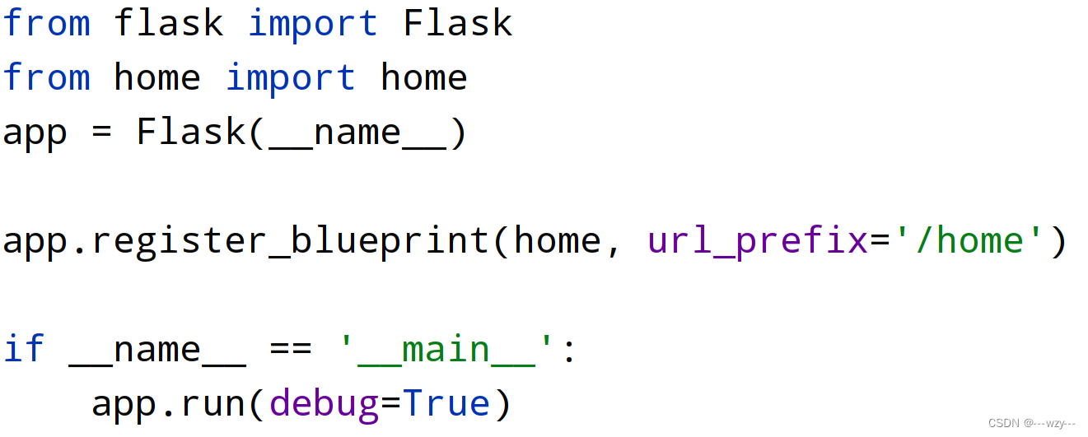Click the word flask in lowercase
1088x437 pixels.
(169, 23)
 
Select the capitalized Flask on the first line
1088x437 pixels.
(458, 23)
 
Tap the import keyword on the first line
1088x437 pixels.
(313, 23)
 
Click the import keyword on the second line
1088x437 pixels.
(291, 77)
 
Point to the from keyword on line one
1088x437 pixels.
(46, 23)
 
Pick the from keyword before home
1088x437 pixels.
(46, 77)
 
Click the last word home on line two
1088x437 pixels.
(424, 77)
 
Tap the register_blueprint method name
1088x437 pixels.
(291, 241)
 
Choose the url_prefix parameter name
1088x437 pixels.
(758, 241)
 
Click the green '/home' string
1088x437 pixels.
(959, 240)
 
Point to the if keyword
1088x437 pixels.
(23, 349)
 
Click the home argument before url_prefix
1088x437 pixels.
(558, 240)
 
